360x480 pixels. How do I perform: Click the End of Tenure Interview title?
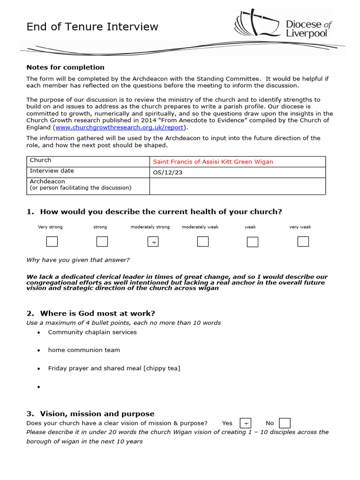tap(92, 27)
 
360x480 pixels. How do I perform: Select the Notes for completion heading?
tap(65, 67)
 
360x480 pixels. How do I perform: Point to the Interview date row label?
tap(52, 171)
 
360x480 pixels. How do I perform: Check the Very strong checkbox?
tap(52, 242)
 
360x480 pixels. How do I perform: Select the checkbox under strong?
tap(102, 242)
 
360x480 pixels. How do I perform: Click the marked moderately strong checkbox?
tap(153, 242)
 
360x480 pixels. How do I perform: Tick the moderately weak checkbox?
tap(202, 242)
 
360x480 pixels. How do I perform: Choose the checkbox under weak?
tap(253, 242)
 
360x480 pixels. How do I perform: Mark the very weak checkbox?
tap(303, 242)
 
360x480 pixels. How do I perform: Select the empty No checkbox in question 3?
tap(285, 423)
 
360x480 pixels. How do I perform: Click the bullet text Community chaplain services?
tap(92, 332)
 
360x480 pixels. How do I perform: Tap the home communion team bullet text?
tap(84, 350)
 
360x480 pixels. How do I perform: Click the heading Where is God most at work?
tap(97, 313)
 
